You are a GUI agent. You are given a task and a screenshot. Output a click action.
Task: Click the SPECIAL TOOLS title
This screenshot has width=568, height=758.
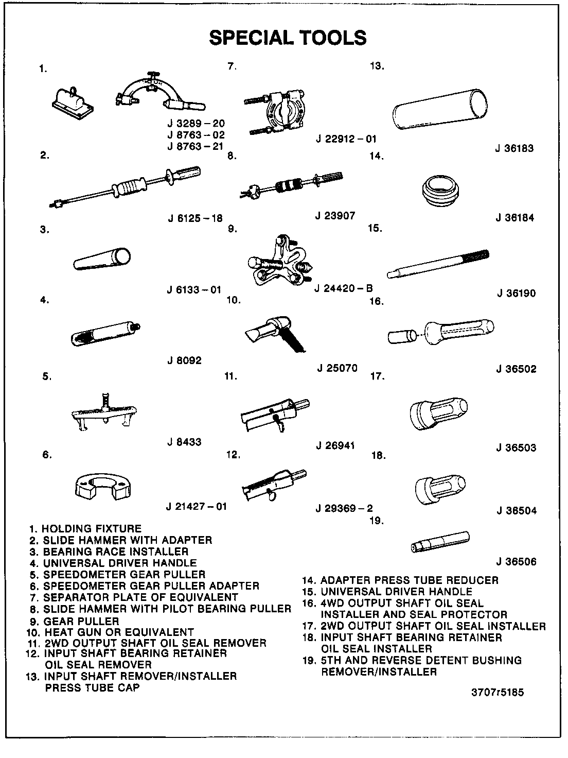288,38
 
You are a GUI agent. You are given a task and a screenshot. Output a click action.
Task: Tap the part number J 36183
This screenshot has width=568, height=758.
514,148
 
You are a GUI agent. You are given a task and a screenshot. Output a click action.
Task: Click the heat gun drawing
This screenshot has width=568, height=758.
275,333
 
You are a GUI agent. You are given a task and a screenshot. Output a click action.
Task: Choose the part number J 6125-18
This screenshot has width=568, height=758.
195,218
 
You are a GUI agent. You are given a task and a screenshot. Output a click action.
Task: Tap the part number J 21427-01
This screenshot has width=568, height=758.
197,506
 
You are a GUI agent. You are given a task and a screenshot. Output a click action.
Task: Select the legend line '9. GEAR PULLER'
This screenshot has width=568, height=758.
75,621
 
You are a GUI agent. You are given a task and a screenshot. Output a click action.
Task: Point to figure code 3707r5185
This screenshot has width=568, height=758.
498,693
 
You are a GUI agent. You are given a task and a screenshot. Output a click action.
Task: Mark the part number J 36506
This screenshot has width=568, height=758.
516,562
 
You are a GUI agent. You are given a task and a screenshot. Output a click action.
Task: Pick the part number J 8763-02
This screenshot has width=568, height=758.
196,135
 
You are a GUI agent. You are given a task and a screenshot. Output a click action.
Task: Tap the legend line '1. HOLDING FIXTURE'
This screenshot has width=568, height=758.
85,528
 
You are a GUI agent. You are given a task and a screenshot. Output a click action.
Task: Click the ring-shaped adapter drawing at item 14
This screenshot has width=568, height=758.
441,193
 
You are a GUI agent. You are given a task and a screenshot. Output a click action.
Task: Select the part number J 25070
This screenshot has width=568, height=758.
337,368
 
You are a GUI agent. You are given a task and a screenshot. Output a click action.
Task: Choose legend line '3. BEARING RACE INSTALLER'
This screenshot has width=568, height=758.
109,552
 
